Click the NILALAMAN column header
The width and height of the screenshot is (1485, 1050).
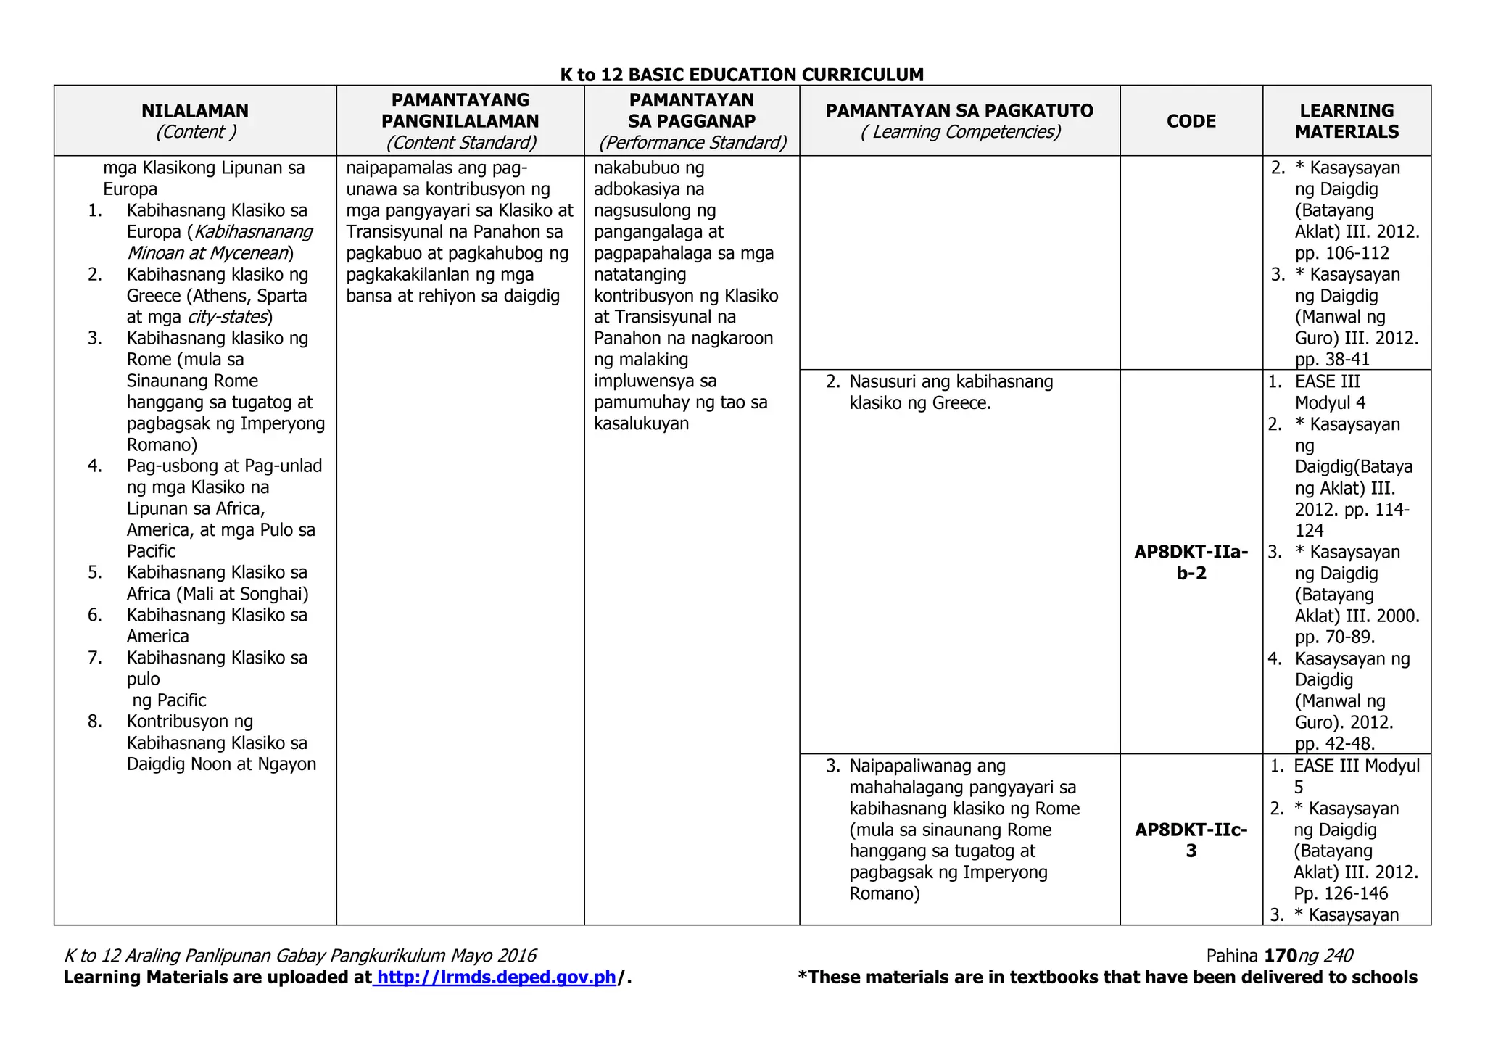[x=194, y=111]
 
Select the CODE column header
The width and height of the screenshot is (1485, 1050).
[x=1191, y=121]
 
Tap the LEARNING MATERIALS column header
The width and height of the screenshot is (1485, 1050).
[x=1347, y=121]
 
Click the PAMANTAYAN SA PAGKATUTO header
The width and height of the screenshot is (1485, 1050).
[x=959, y=111]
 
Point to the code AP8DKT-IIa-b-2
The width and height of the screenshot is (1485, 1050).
[x=1191, y=563]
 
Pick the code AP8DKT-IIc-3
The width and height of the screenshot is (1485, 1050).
[x=1191, y=840]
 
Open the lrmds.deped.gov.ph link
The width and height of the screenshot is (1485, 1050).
[x=497, y=977]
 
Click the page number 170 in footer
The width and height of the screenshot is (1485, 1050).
[x=1280, y=956]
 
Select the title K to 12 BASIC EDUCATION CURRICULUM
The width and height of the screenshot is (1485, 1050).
[x=742, y=75]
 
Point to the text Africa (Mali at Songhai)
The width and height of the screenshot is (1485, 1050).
[x=218, y=594]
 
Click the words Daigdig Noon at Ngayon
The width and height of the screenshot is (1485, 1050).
[x=221, y=764]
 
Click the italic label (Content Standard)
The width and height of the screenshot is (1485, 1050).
[x=460, y=143]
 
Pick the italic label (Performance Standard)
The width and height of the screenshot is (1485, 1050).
[x=692, y=143]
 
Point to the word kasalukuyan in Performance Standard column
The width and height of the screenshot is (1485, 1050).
[x=641, y=423]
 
